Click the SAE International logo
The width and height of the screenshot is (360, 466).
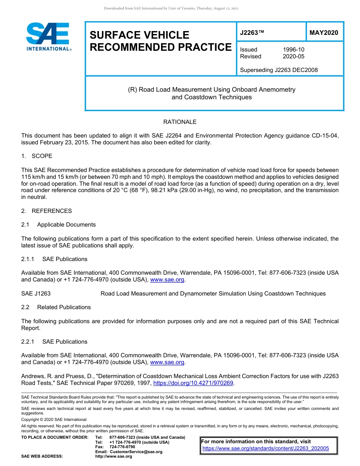48,37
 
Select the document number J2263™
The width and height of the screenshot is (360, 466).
252,33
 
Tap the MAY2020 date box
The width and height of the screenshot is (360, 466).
324,33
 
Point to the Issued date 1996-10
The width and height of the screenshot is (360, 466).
293,50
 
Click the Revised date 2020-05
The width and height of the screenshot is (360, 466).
293,56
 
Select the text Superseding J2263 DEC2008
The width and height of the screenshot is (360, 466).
279,70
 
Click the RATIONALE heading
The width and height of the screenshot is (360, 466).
180,122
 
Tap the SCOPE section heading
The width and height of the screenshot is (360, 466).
42,156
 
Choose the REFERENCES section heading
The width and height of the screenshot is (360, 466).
52,211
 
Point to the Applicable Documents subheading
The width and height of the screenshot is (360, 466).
66,225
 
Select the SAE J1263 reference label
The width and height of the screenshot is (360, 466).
36,294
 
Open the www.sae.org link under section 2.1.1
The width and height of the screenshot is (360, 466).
167,280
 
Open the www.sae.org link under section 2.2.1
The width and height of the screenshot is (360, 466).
167,363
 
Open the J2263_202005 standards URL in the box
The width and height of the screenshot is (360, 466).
266,449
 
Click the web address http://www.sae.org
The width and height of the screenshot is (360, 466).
114,457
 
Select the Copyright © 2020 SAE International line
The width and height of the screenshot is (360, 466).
54,419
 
